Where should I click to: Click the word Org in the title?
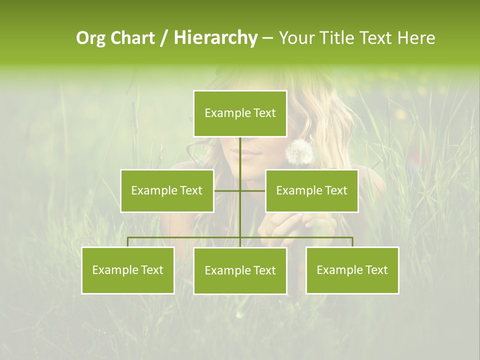click(x=91, y=38)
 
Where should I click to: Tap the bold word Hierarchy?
click(x=215, y=38)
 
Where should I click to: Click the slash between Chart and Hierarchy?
click(x=164, y=38)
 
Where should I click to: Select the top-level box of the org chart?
click(x=240, y=113)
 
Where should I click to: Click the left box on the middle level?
click(x=167, y=190)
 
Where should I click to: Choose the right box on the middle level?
click(x=311, y=190)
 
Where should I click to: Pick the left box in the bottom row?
click(x=128, y=270)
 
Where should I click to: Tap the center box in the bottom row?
click(x=240, y=270)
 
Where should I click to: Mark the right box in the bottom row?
click(x=352, y=270)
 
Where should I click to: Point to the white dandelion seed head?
click(x=299, y=151)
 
